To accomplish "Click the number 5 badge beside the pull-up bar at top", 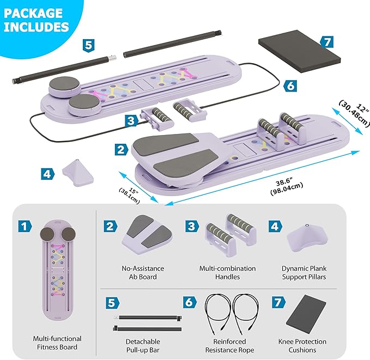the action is [88, 45].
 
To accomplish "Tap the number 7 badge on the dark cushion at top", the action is [327, 42].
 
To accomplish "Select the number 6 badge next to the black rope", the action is [290, 86].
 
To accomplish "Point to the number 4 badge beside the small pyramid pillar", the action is [47, 174].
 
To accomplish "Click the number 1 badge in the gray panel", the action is [25, 226].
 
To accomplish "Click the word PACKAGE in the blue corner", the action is [33, 13].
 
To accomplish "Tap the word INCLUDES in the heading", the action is [37, 27].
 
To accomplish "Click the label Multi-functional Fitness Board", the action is [57, 343].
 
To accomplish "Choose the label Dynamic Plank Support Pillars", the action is [304, 272].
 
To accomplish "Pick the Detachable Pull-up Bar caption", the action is [143, 346].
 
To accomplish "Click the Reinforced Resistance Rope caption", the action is [229, 346].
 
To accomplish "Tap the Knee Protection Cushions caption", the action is [302, 346].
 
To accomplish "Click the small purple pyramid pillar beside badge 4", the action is [78, 173].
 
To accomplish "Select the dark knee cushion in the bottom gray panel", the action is [306, 314].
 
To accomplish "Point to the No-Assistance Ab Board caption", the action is [143, 272].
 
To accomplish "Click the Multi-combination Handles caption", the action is [227, 272].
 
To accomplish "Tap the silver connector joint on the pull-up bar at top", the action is [112, 58].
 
